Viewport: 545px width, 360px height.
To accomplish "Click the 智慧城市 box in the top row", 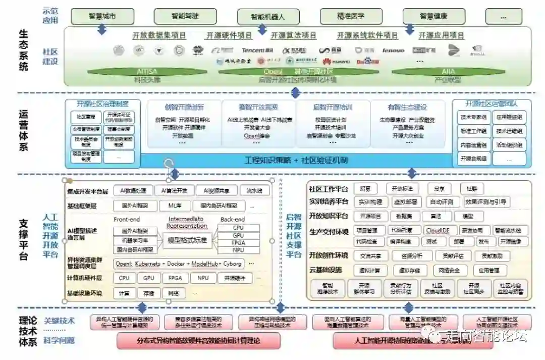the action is point(102,16).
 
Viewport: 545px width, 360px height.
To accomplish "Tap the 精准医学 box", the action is point(351,16).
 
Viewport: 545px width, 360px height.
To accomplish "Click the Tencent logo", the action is point(257,50).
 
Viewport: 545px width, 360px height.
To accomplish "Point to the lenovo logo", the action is point(393,50).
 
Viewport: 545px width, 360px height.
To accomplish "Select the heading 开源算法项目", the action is point(293,36).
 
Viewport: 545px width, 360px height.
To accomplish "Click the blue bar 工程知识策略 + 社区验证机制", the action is point(296,161).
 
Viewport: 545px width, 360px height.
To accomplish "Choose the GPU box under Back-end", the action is point(238,236).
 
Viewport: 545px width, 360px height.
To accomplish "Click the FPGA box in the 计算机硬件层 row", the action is point(175,278).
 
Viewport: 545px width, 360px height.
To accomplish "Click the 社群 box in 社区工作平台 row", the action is point(471,188).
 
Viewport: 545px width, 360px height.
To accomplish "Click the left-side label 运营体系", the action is point(24,130).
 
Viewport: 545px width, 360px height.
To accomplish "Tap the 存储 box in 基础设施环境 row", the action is point(148,293).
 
